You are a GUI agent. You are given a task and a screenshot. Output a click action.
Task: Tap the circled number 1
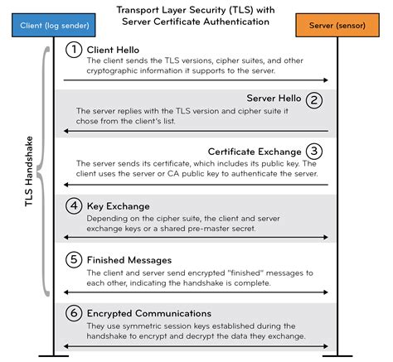74,49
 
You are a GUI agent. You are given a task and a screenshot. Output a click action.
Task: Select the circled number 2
313,100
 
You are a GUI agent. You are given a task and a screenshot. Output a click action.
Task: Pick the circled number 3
313,151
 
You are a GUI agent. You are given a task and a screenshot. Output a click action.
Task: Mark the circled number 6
74,312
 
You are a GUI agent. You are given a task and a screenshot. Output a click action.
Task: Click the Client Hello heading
114,49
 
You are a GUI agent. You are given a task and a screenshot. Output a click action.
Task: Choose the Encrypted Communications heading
151,312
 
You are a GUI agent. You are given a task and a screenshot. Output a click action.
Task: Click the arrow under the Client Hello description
196,80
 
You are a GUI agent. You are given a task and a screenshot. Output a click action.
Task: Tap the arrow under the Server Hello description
196,131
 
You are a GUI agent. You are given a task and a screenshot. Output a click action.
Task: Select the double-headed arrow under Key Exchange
196,237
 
